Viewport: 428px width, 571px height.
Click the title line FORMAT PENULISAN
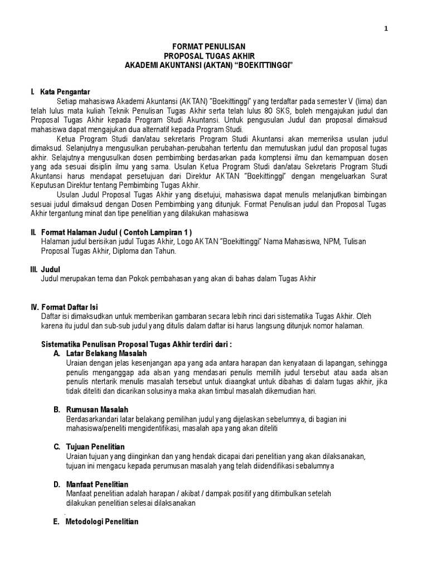(x=208, y=47)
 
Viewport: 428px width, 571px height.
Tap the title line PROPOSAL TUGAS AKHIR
(x=208, y=56)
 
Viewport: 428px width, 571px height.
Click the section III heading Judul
(x=51, y=269)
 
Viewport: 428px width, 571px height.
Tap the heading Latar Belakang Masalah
(x=106, y=354)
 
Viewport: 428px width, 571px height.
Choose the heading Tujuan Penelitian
(x=95, y=447)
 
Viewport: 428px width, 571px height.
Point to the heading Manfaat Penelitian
(x=98, y=484)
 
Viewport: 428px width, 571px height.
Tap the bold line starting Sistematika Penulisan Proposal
(x=137, y=343)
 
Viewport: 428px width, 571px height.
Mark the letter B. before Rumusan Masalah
(x=57, y=409)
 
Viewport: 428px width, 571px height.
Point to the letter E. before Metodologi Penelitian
(x=57, y=522)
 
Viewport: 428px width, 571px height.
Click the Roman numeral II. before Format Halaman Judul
(x=33, y=231)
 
